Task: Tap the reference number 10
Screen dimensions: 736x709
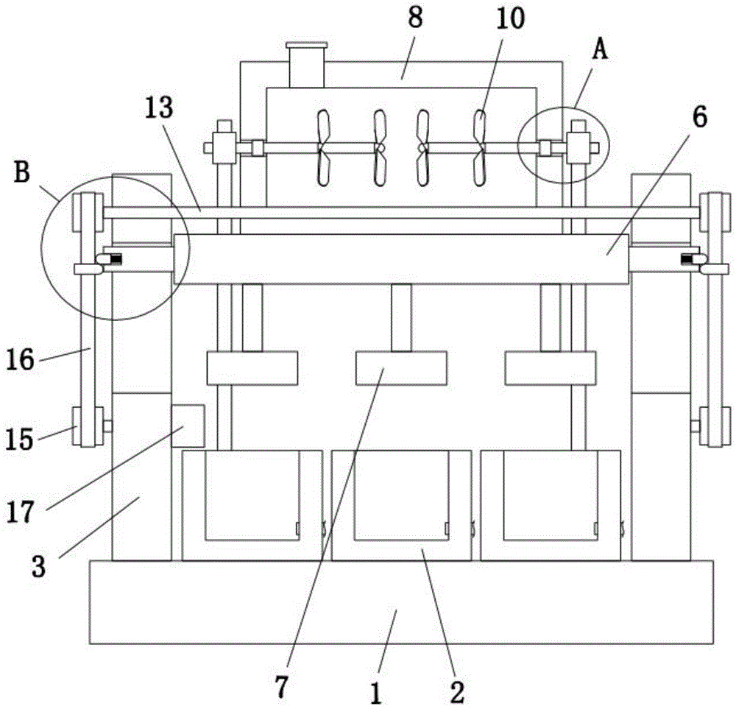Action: (x=510, y=20)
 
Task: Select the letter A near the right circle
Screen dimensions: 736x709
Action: (x=600, y=49)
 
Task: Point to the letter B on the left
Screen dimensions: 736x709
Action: (x=22, y=172)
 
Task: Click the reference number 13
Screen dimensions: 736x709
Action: (x=159, y=108)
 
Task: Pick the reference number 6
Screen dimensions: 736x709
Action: (x=700, y=117)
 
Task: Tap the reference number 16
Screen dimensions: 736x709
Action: (x=20, y=361)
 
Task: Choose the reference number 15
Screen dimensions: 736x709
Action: (x=20, y=440)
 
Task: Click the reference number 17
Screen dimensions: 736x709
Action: (x=20, y=512)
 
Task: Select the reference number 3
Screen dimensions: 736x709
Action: (x=38, y=566)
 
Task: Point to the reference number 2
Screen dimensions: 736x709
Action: (x=457, y=692)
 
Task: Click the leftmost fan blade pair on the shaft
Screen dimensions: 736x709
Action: (x=323, y=147)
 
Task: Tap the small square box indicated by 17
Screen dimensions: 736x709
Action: (x=188, y=426)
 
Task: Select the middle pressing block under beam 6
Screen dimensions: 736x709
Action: (x=401, y=368)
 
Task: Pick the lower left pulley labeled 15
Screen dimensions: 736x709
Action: (x=88, y=427)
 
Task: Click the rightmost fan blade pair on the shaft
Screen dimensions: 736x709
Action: (x=479, y=147)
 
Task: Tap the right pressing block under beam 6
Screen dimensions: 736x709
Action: (x=551, y=368)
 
